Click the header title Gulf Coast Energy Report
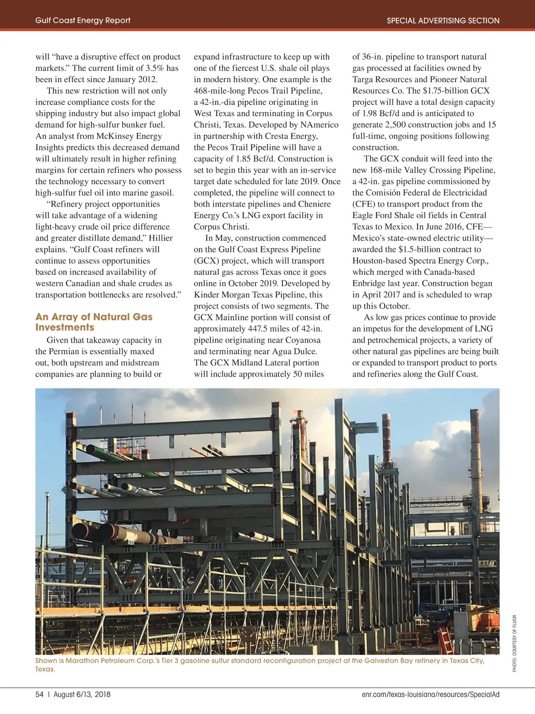pos(83,21)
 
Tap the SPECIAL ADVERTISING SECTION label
pos(443,21)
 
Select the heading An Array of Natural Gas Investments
pos(94,322)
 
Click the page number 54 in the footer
pos(39,694)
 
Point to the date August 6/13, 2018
pos(82,694)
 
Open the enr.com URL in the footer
pos(431,694)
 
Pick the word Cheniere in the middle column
pos(315,204)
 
